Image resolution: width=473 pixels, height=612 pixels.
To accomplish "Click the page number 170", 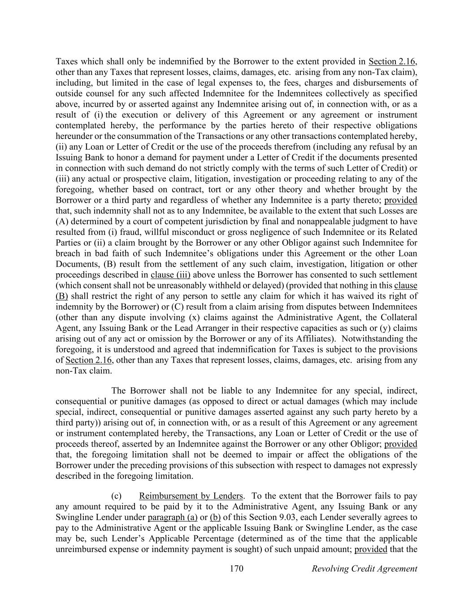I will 236,569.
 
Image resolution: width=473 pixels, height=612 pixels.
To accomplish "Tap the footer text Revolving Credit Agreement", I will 364,569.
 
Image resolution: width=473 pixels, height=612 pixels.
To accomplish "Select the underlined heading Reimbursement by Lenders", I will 191,496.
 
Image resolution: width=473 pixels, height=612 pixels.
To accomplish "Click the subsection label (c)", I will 116,496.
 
